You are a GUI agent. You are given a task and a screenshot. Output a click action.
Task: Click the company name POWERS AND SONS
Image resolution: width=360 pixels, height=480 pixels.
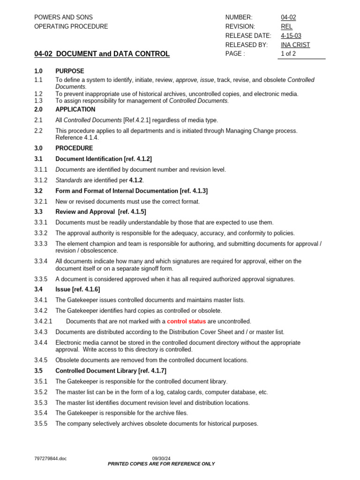[63, 17]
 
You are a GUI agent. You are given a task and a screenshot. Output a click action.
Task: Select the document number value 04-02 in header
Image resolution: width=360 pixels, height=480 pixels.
[288, 17]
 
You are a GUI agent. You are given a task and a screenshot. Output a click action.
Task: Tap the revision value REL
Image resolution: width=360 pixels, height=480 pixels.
[286, 27]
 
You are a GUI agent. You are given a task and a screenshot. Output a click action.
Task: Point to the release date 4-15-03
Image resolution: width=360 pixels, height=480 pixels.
[292, 36]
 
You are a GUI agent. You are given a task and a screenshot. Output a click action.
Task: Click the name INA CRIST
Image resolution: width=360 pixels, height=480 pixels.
[295, 45]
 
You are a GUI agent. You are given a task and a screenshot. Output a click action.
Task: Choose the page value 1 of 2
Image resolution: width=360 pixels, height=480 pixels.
[288, 54]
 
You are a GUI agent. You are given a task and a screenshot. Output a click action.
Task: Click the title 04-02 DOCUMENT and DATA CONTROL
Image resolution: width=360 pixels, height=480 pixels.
[102, 54]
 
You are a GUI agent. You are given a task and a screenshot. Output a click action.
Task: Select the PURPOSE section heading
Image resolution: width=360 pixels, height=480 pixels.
[70, 71]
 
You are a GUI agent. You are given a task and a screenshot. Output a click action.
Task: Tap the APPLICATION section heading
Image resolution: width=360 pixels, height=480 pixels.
[75, 109]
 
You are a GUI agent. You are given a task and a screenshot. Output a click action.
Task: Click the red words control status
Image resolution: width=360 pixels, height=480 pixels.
[186, 322]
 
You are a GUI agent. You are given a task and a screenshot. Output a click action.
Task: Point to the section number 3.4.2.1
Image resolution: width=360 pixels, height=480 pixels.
[43, 322]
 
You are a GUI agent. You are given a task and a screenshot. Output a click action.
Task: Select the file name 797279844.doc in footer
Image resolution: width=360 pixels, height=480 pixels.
[50, 458]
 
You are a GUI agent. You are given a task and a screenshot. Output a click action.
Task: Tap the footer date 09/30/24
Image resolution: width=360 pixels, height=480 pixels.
[161, 458]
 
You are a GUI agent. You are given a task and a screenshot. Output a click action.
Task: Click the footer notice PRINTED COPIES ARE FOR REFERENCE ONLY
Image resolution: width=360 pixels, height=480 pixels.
[161, 464]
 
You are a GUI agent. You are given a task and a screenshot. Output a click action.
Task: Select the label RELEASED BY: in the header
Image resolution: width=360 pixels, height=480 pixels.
[246, 45]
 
